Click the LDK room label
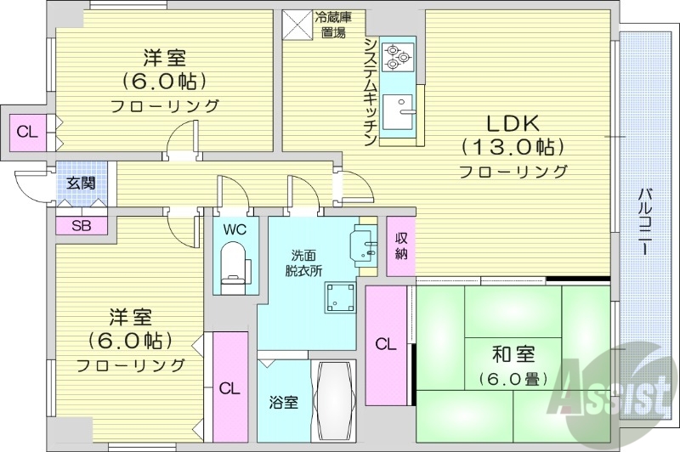(x=513, y=121)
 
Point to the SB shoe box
(x=82, y=226)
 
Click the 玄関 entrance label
(x=82, y=182)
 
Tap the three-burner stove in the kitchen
(x=397, y=55)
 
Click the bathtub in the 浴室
(x=333, y=399)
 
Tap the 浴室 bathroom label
(x=283, y=402)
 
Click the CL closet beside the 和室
(x=386, y=343)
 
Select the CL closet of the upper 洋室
(x=26, y=133)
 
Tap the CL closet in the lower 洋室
(x=229, y=388)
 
